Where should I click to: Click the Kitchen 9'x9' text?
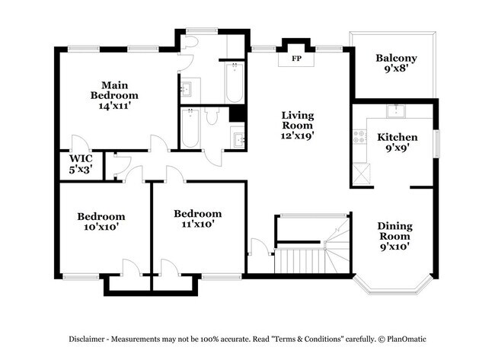pos(397,143)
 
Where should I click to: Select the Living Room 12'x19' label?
pos(297,125)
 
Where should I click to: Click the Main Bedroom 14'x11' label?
pos(114,95)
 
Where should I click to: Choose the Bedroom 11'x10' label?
pos(197,218)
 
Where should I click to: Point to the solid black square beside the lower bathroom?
pos(236,114)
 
